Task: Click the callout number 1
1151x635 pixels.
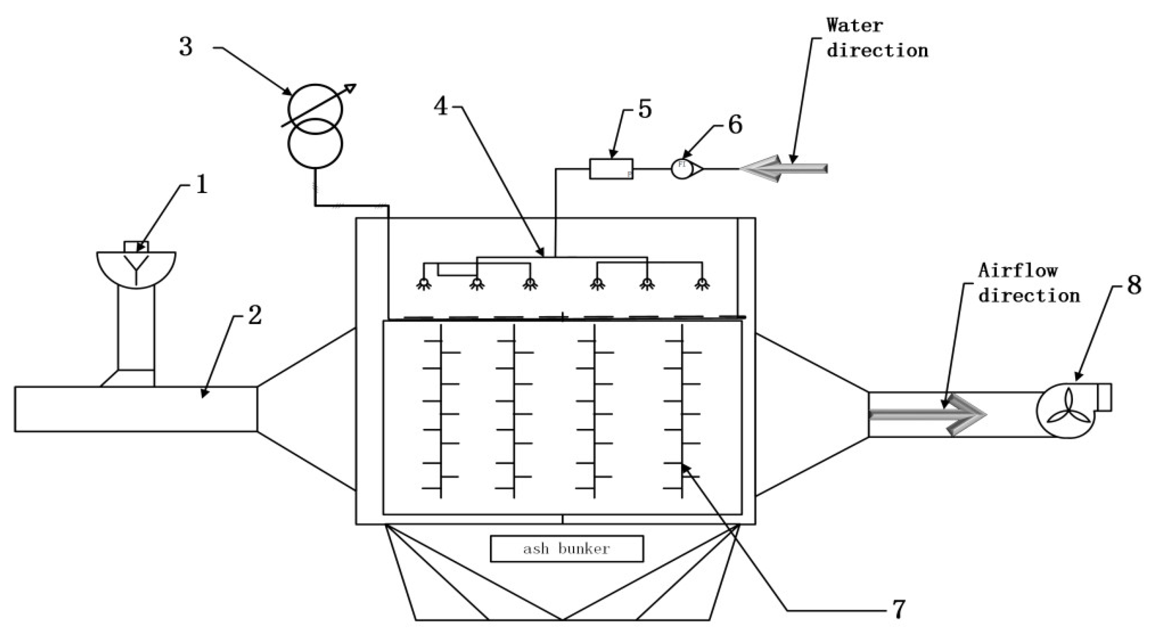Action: pyautogui.click(x=201, y=184)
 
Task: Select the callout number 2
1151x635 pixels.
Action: pyautogui.click(x=255, y=315)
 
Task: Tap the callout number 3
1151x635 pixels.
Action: pyautogui.click(x=186, y=46)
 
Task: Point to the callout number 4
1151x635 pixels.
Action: pyautogui.click(x=441, y=107)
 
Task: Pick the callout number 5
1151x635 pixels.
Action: pyautogui.click(x=645, y=109)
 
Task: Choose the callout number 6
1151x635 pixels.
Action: pyautogui.click(x=735, y=125)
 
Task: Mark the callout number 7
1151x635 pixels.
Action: pyautogui.click(x=898, y=609)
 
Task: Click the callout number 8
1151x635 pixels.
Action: pyautogui.click(x=1134, y=285)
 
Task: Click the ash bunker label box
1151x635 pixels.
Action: pyautogui.click(x=567, y=548)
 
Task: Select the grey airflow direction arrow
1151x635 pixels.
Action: pyautogui.click(x=928, y=415)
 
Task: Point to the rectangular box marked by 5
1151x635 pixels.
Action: pyautogui.click(x=611, y=169)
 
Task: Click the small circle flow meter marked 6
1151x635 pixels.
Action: pyautogui.click(x=682, y=169)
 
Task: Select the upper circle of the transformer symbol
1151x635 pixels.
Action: pyautogui.click(x=315, y=109)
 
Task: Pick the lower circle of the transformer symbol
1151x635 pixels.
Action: pyautogui.click(x=315, y=144)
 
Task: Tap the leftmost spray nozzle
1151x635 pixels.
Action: pyautogui.click(x=423, y=284)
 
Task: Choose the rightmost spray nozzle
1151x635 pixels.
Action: pyautogui.click(x=702, y=284)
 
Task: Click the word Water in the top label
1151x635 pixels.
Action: pyautogui.click(x=854, y=26)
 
